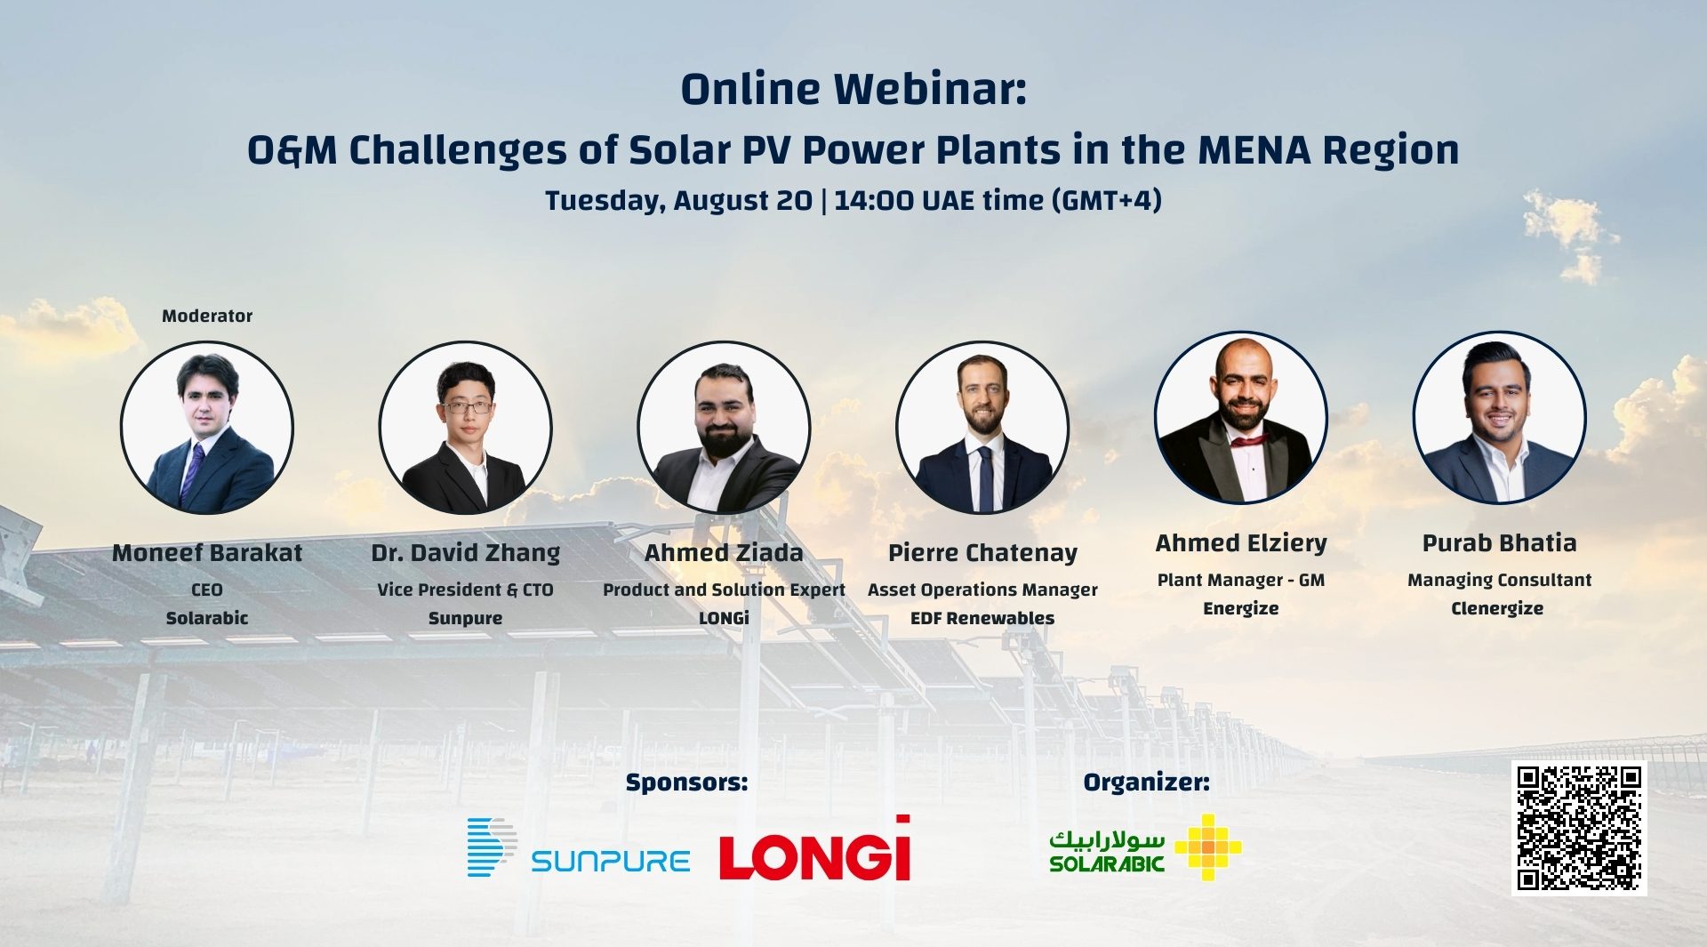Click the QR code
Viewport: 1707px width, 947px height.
tap(1579, 828)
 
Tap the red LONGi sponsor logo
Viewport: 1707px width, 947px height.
tap(815, 848)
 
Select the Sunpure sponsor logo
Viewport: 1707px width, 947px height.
tap(579, 847)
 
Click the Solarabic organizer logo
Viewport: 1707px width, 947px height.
tap(1145, 847)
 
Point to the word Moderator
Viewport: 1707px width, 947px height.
tap(207, 316)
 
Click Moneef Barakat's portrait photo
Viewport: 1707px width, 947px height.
tap(207, 428)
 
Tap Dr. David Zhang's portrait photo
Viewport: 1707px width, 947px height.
tap(465, 428)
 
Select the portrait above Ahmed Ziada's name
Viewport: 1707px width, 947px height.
tap(724, 428)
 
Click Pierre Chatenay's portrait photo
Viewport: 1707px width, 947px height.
tap(982, 428)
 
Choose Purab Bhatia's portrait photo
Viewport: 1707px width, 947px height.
tap(1500, 418)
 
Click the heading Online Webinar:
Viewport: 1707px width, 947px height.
tap(853, 89)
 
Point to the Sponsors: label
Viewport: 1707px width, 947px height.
tap(687, 782)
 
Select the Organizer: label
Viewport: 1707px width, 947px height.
tap(1146, 782)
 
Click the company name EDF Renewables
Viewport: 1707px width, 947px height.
tap(982, 618)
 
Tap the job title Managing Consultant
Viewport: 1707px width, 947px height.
tap(1500, 581)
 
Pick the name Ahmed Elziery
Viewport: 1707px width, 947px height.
tap(1241, 542)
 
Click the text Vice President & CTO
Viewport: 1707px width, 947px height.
tap(465, 590)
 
